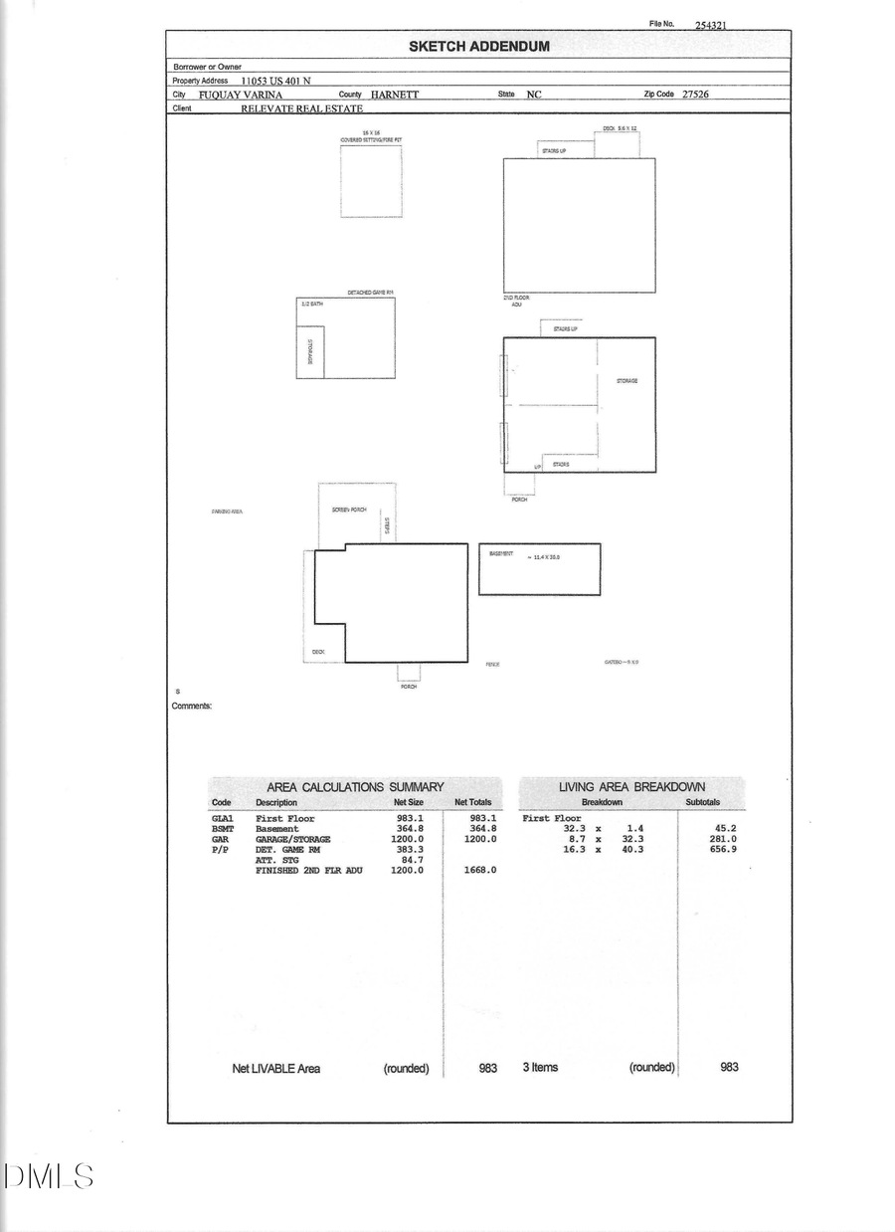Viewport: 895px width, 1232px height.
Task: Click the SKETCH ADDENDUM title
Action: click(478, 46)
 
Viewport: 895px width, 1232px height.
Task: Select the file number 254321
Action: click(710, 25)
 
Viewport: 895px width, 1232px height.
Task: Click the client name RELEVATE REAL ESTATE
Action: click(301, 108)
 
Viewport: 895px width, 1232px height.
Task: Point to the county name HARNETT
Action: click(395, 95)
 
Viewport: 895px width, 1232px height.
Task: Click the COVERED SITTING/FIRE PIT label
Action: click(371, 140)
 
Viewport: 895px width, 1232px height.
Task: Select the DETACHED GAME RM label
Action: click(371, 293)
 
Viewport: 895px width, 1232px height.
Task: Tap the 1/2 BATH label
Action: click(312, 304)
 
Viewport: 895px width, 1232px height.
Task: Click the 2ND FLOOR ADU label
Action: click(516, 301)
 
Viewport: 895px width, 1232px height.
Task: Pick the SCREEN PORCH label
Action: click(349, 510)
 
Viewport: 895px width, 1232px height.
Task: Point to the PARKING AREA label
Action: click(227, 512)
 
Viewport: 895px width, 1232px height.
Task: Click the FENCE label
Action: click(492, 665)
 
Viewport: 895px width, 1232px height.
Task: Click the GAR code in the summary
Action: click(220, 839)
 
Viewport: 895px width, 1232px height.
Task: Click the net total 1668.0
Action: click(480, 870)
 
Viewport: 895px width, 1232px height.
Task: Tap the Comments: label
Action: click(192, 707)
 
